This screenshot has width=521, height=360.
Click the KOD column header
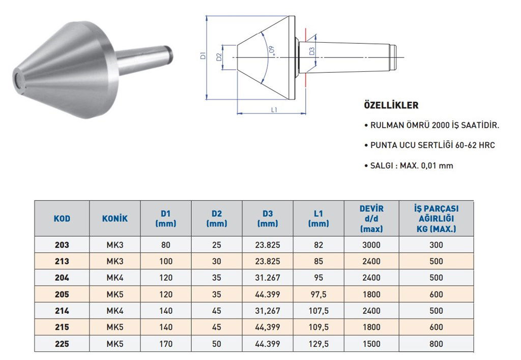pos(62,218)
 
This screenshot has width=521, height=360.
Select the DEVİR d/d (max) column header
pos(371,218)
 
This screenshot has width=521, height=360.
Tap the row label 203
pos(62,245)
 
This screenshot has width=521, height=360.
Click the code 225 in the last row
pos(62,344)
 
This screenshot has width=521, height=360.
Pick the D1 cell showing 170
pos(166,344)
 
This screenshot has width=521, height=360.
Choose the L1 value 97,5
pos(319,294)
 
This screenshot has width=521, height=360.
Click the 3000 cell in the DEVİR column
pos(371,245)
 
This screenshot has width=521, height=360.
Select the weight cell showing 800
pos(436,344)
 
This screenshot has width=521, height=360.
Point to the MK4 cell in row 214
pos(115,311)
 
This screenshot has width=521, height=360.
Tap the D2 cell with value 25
pos(217,245)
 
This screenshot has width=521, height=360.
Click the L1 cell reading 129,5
pos(319,344)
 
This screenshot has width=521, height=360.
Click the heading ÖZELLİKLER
pos(391,105)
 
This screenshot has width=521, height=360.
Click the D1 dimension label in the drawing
pos(202,57)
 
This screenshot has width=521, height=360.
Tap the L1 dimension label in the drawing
pos(274,109)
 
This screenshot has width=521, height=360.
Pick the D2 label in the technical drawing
pos(219,57)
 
